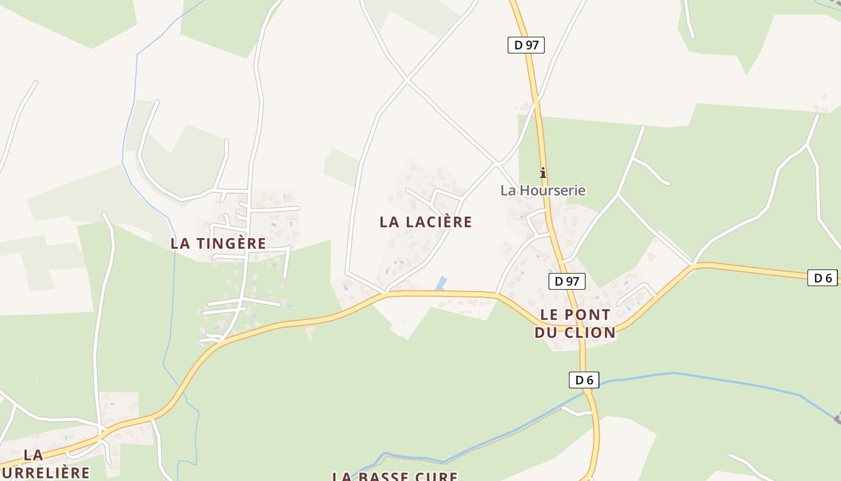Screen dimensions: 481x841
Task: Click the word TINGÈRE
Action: coord(230,244)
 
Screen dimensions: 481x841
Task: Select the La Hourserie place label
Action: coord(542,191)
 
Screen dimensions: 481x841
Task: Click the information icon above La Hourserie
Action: coord(543,173)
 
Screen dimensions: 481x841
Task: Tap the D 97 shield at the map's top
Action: coord(526,45)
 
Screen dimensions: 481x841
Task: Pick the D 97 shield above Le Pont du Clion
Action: coord(566,281)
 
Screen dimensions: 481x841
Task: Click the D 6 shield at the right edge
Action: coord(822,278)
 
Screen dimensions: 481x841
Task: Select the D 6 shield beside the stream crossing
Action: coord(583,380)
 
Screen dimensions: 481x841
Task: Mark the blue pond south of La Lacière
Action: coord(442,283)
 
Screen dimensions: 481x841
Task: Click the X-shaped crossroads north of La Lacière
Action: coord(407,79)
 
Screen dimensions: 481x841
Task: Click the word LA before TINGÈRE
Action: coord(181,244)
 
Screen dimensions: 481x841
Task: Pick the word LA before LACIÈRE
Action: coord(390,222)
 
